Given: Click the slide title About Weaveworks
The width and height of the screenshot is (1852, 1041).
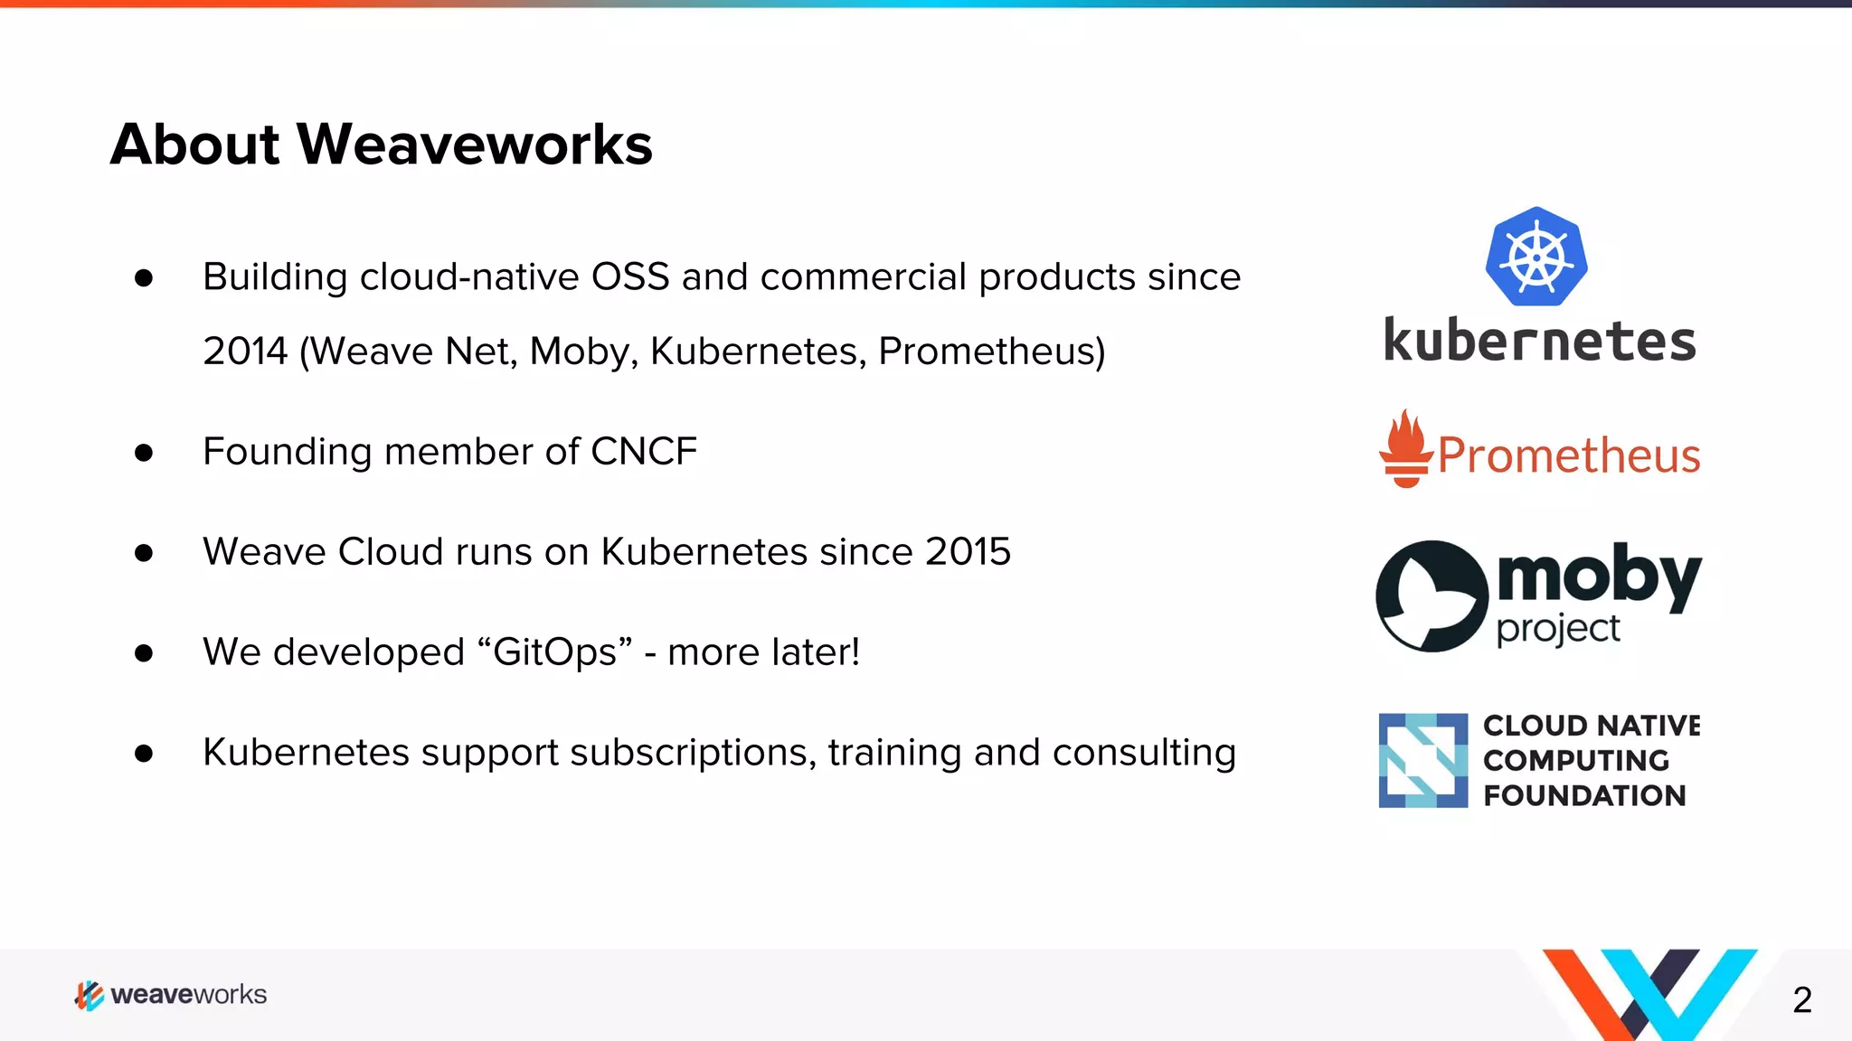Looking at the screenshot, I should [381, 145].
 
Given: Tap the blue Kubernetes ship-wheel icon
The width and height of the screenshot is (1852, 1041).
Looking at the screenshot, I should [1535, 258].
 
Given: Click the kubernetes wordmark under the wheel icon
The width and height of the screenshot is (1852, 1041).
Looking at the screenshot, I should [1539, 342].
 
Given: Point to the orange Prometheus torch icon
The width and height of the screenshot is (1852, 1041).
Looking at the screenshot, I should [1405, 449].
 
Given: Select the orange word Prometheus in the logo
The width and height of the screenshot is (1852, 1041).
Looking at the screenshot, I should [1569, 455].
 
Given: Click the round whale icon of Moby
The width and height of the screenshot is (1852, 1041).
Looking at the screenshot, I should [1432, 596].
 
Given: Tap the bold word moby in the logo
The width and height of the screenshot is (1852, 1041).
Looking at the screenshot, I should [1599, 575].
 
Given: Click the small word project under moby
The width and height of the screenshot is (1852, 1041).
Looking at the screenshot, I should [1558, 629].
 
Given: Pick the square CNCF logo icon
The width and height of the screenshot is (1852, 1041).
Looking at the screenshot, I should [1422, 760].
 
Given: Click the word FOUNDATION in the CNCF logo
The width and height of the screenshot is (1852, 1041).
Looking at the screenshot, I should [1584, 796].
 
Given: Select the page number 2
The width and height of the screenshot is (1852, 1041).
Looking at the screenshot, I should [1801, 999].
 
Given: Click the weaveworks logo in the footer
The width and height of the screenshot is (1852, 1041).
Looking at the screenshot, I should [171, 995].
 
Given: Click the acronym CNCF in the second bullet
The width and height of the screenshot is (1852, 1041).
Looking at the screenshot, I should [643, 452].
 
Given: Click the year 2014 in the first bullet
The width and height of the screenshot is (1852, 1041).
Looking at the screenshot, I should [244, 352].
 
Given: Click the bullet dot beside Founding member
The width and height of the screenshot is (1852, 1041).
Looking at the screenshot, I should [144, 453].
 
